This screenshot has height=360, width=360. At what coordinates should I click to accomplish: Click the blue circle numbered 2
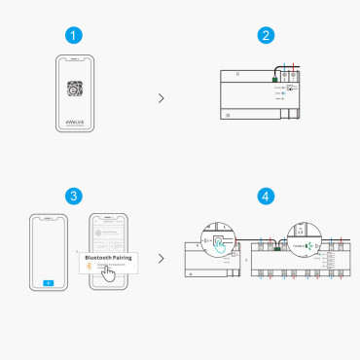click(x=265, y=36)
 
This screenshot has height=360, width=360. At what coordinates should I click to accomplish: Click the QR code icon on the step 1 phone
click(x=74, y=89)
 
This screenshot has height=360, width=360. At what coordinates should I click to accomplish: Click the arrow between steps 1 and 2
click(x=161, y=98)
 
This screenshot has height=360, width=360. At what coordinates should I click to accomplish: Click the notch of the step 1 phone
click(x=74, y=59)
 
